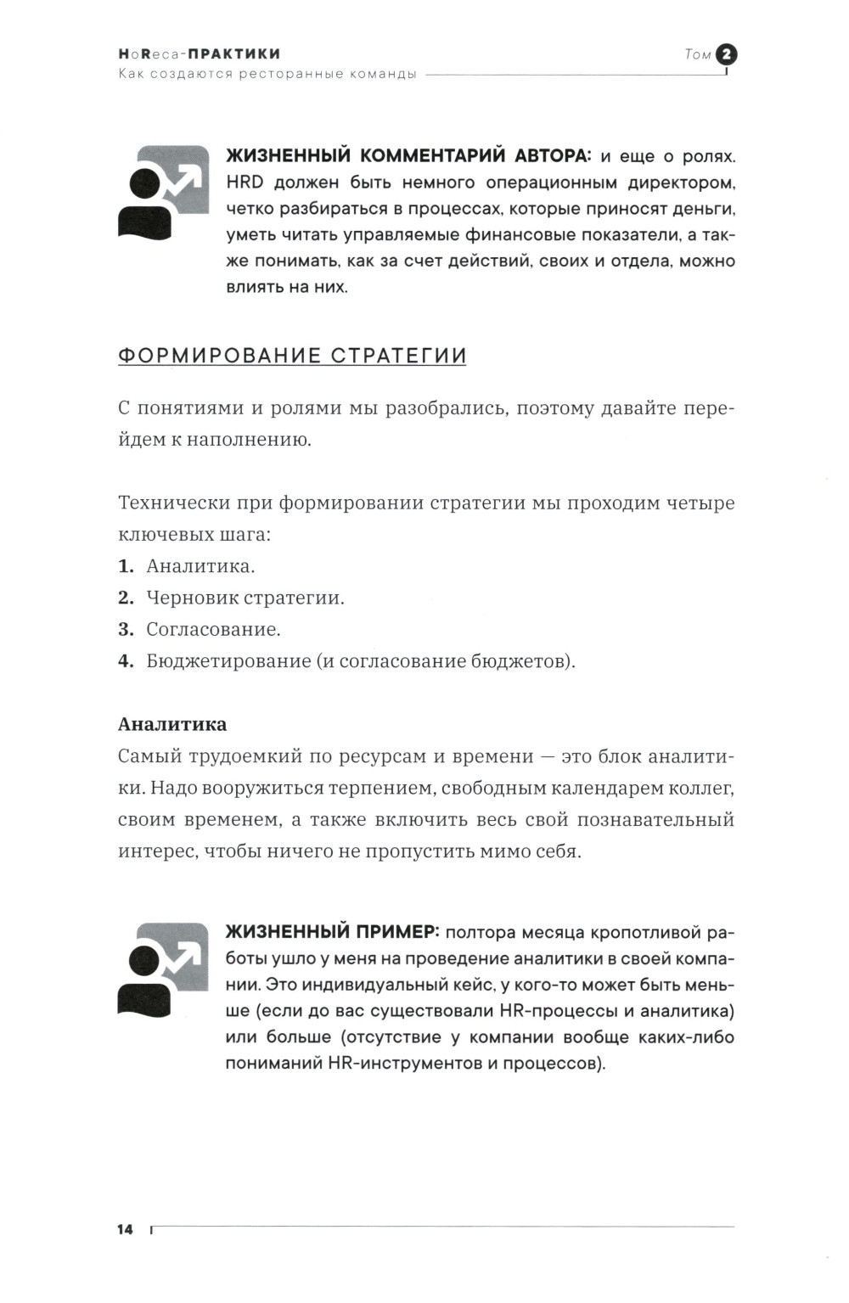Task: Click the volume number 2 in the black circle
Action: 727,54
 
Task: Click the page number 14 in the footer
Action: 126,1229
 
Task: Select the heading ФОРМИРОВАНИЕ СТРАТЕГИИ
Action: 292,356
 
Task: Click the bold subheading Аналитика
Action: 172,724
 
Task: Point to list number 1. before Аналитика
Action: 126,566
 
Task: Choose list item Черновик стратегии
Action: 245,598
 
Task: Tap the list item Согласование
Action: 213,629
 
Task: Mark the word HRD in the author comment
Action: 245,183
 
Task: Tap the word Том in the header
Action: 697,54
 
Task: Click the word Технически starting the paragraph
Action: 173,503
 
